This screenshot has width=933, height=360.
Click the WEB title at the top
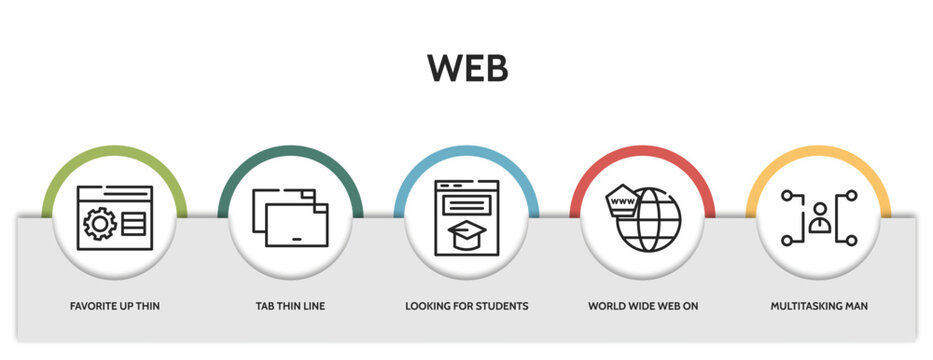[467, 68]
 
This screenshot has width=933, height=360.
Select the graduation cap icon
[466, 235]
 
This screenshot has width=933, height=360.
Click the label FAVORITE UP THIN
[115, 305]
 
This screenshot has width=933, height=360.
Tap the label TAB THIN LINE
[289, 305]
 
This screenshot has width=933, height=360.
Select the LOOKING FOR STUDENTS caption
[466, 305]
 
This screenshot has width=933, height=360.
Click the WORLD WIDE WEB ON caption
[643, 305]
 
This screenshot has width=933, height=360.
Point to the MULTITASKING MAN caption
[819, 305]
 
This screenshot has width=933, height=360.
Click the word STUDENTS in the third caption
[502, 305]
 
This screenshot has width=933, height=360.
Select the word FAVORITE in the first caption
[93, 305]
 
